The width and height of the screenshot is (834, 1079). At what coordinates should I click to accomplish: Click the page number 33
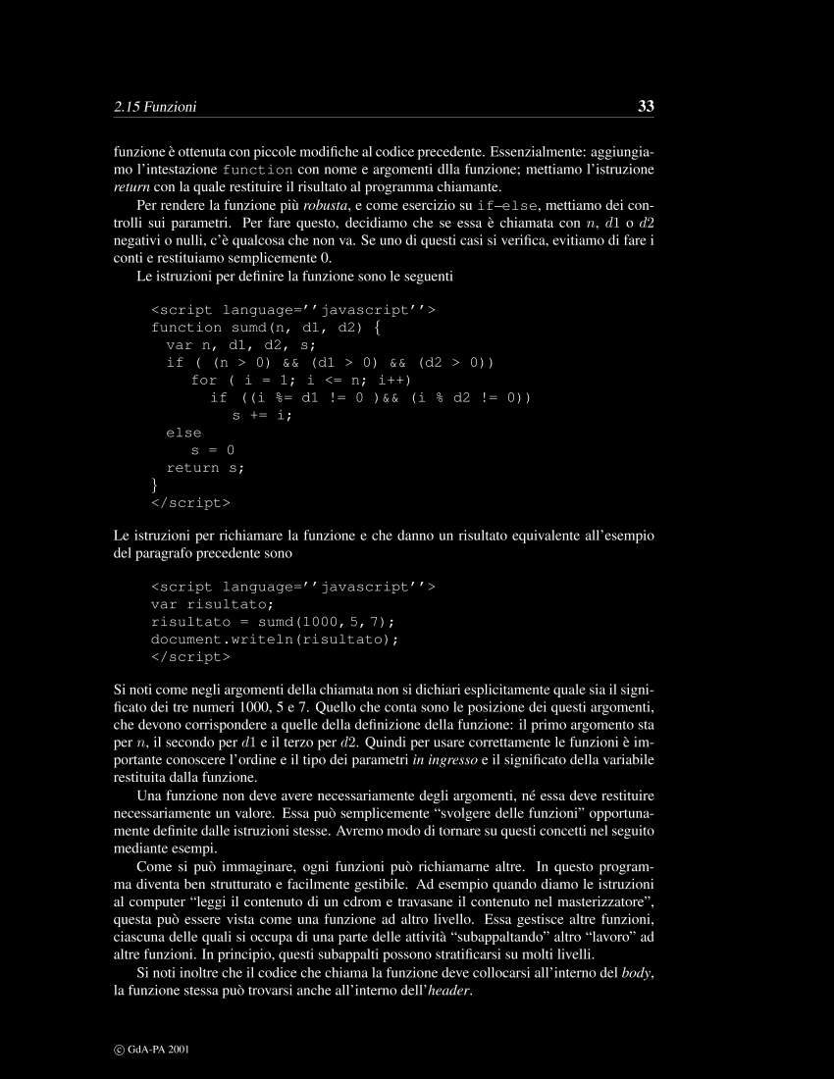pos(646,106)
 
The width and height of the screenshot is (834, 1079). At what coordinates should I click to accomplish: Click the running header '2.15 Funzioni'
pos(155,107)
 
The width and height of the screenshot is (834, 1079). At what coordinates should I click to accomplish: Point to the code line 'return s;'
pos(205,468)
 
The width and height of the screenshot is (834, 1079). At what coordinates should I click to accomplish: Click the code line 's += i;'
pos(262,415)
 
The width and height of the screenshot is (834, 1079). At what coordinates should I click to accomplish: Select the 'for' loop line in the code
pos(300,380)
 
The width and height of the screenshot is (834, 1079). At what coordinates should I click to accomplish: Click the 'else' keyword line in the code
pos(183,433)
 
